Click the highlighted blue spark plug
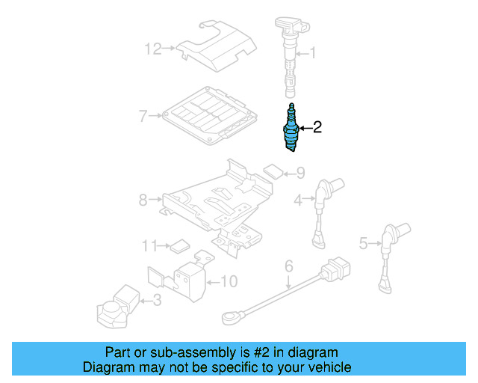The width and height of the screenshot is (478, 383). (x=291, y=128)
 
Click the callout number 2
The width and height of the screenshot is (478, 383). (x=317, y=127)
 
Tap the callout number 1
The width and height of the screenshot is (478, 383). (x=313, y=53)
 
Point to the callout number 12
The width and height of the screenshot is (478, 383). (x=152, y=49)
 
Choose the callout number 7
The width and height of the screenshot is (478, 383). (x=143, y=115)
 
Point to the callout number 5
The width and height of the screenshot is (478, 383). (x=364, y=242)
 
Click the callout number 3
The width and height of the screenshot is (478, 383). (x=156, y=301)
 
